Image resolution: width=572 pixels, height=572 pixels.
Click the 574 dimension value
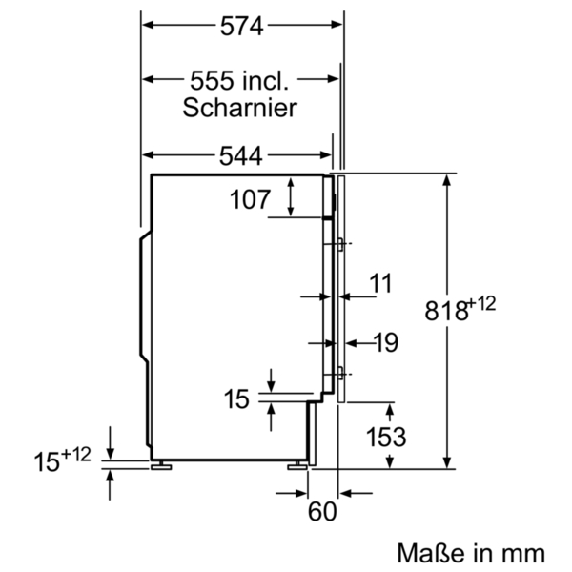tap(241, 27)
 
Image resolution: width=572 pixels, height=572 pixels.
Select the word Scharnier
tap(239, 108)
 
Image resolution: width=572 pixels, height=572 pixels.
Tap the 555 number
tap(212, 81)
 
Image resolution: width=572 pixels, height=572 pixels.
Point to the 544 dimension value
tap(241, 155)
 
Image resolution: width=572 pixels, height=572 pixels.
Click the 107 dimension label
tap(250, 199)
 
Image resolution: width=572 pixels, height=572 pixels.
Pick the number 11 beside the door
tap(380, 283)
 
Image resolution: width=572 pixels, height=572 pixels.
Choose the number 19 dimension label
tap(386, 342)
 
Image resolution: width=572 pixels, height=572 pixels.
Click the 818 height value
tap(446, 311)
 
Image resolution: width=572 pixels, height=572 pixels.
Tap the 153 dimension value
tap(386, 437)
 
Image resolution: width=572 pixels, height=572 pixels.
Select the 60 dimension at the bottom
tap(322, 511)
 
